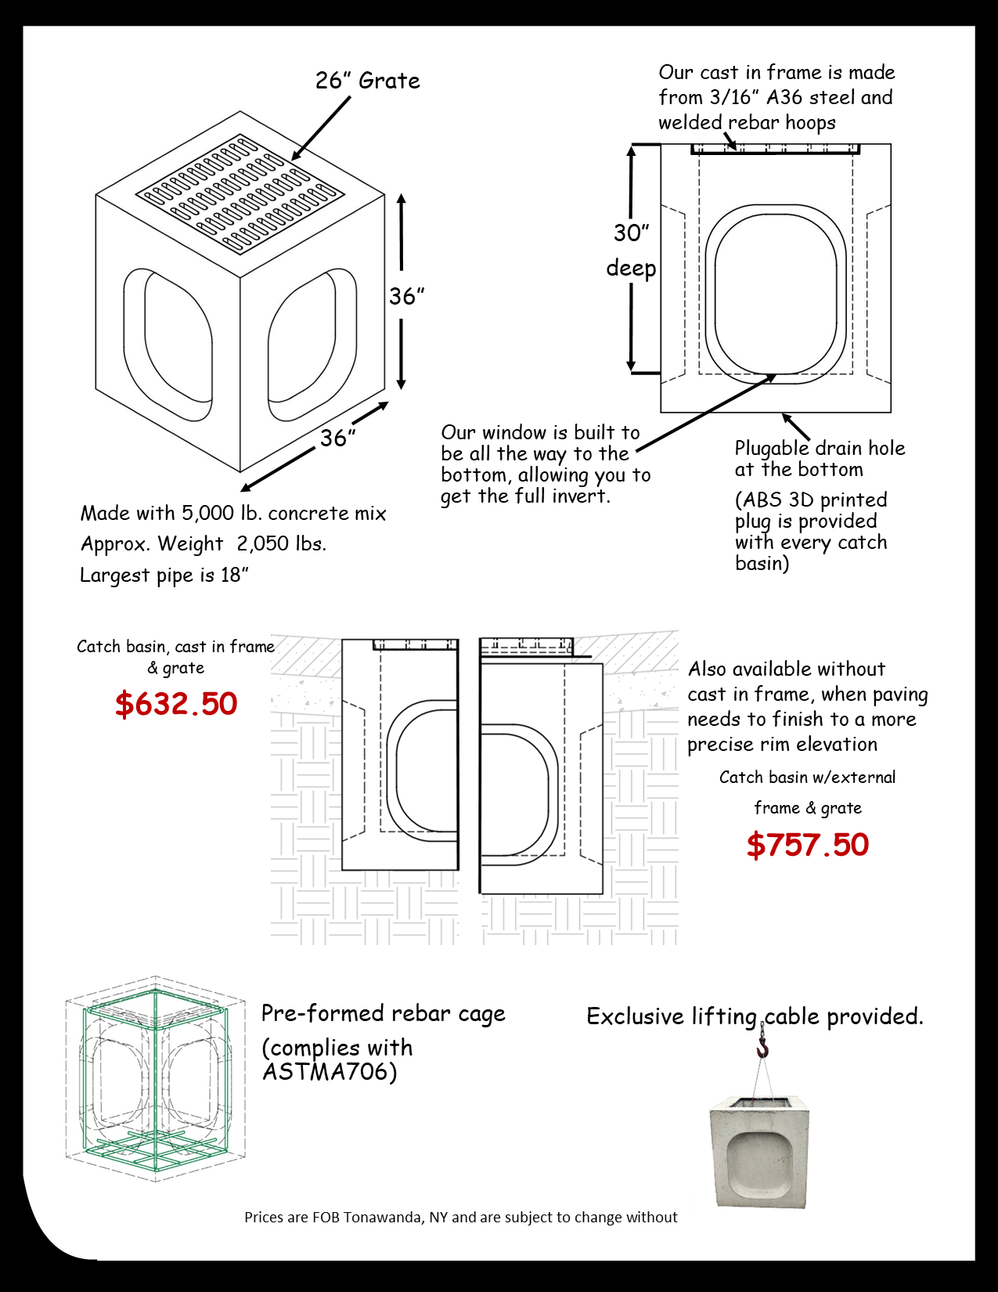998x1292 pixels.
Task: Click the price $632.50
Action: pos(176,704)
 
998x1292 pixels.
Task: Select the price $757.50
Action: pos(808,845)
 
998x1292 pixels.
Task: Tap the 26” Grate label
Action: pos(367,81)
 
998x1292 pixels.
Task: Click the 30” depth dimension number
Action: pos(631,233)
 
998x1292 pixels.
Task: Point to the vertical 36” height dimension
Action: pos(406,296)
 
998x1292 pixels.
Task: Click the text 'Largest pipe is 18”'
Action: pos(164,576)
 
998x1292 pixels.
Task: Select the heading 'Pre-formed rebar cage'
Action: pos(383,1014)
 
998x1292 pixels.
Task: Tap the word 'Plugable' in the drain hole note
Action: pos(772,449)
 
